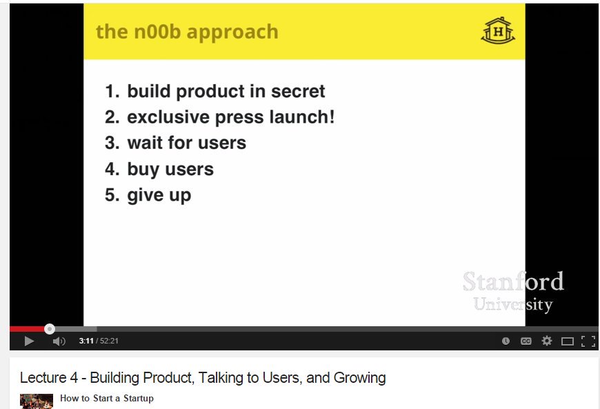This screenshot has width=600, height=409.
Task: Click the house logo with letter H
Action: coord(498,30)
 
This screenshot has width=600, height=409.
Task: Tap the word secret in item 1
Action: coord(298,91)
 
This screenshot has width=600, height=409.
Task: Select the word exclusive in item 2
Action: coord(168,117)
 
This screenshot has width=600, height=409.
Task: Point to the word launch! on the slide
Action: coord(302,117)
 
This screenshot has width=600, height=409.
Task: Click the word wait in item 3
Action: coord(145,143)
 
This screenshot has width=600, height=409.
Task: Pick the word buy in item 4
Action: coord(143,170)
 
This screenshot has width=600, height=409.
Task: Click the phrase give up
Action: coord(159,195)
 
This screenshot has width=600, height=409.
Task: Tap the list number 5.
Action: coord(112,195)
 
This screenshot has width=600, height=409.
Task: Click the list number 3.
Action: coord(112,143)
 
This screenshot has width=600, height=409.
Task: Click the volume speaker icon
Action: coord(59,341)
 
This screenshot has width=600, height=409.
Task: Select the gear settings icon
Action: coord(547,341)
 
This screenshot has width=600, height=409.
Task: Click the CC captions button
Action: coord(526,341)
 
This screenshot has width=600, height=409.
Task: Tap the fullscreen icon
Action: coord(588,341)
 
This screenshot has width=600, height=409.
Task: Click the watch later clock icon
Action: coord(506,341)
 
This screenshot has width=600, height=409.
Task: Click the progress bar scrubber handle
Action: coord(50,329)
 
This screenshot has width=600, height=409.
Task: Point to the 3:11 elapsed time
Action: coord(86,341)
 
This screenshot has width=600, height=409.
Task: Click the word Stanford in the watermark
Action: coord(513,281)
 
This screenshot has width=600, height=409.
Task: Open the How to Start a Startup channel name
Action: coord(107,398)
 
